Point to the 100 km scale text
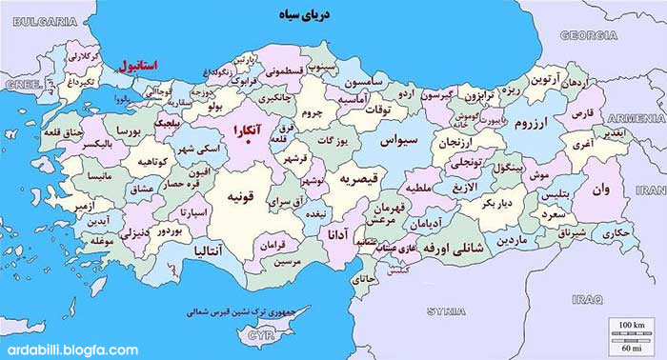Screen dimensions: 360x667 tap(632, 326)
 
